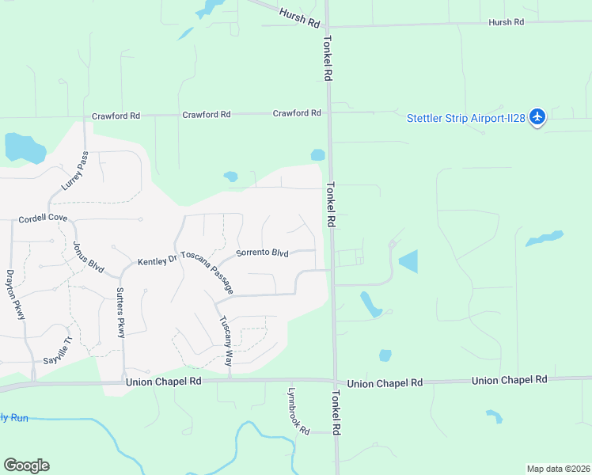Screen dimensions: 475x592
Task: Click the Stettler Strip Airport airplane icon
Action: click(x=537, y=117)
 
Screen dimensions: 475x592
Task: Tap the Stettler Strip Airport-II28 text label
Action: click(x=466, y=118)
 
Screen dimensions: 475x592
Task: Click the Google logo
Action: click(x=26, y=465)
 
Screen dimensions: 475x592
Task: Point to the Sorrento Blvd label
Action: click(x=262, y=253)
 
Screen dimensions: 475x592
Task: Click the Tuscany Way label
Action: click(x=226, y=340)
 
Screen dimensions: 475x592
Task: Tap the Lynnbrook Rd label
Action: click(x=298, y=408)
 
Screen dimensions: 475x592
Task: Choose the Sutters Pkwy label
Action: click(x=120, y=313)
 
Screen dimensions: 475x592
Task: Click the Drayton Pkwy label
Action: click(x=16, y=294)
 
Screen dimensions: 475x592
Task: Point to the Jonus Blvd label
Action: click(x=89, y=257)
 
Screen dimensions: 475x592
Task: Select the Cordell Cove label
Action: click(x=43, y=218)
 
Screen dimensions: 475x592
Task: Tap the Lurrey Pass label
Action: click(x=72, y=172)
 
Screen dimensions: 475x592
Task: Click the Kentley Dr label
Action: click(x=157, y=261)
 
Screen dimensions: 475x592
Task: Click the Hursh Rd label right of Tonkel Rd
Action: click(x=506, y=22)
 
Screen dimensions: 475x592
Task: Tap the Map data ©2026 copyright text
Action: click(x=557, y=469)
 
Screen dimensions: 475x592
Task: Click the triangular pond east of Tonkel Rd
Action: click(x=409, y=261)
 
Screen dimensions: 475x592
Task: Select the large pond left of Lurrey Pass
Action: click(x=24, y=147)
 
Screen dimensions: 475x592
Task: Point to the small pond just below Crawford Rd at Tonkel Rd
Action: click(x=318, y=155)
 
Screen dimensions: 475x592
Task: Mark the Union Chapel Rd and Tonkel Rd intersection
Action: click(x=335, y=382)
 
